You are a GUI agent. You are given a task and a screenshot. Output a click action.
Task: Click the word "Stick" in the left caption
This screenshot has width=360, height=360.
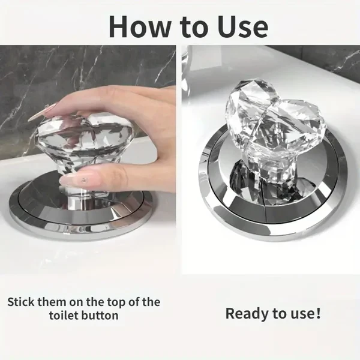point(24,301)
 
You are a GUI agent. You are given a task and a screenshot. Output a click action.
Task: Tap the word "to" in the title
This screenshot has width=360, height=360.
point(187,26)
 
